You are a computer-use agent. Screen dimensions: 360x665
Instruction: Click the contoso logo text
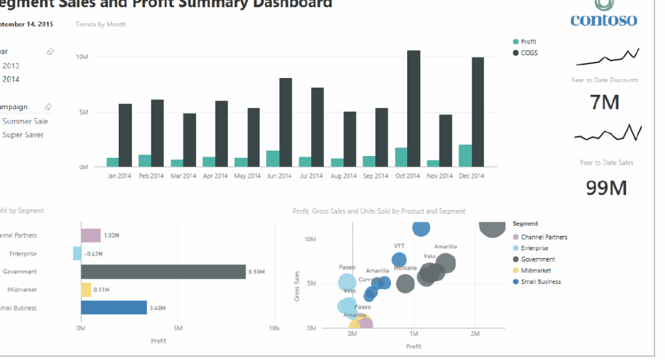point(603,20)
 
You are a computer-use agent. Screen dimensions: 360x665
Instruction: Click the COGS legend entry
point(529,53)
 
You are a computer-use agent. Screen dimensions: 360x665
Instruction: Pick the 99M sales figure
point(607,188)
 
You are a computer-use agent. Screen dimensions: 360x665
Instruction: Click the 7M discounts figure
point(604,102)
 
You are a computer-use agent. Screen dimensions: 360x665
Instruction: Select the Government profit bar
point(163,272)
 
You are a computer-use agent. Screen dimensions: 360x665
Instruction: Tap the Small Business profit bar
point(114,307)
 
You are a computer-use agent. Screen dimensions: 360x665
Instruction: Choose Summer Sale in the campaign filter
point(25,121)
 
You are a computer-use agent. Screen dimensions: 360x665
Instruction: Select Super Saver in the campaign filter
point(23,135)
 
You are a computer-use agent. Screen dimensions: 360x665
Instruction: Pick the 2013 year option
point(11,65)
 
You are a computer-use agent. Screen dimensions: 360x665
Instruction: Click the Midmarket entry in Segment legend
point(536,270)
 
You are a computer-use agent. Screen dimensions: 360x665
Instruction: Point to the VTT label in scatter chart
point(399,246)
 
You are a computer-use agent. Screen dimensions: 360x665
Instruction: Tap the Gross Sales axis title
point(296,285)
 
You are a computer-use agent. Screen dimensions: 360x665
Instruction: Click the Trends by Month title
point(101,25)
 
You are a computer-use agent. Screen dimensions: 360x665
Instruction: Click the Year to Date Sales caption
point(606,162)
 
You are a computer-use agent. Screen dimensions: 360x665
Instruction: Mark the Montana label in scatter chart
point(405,268)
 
